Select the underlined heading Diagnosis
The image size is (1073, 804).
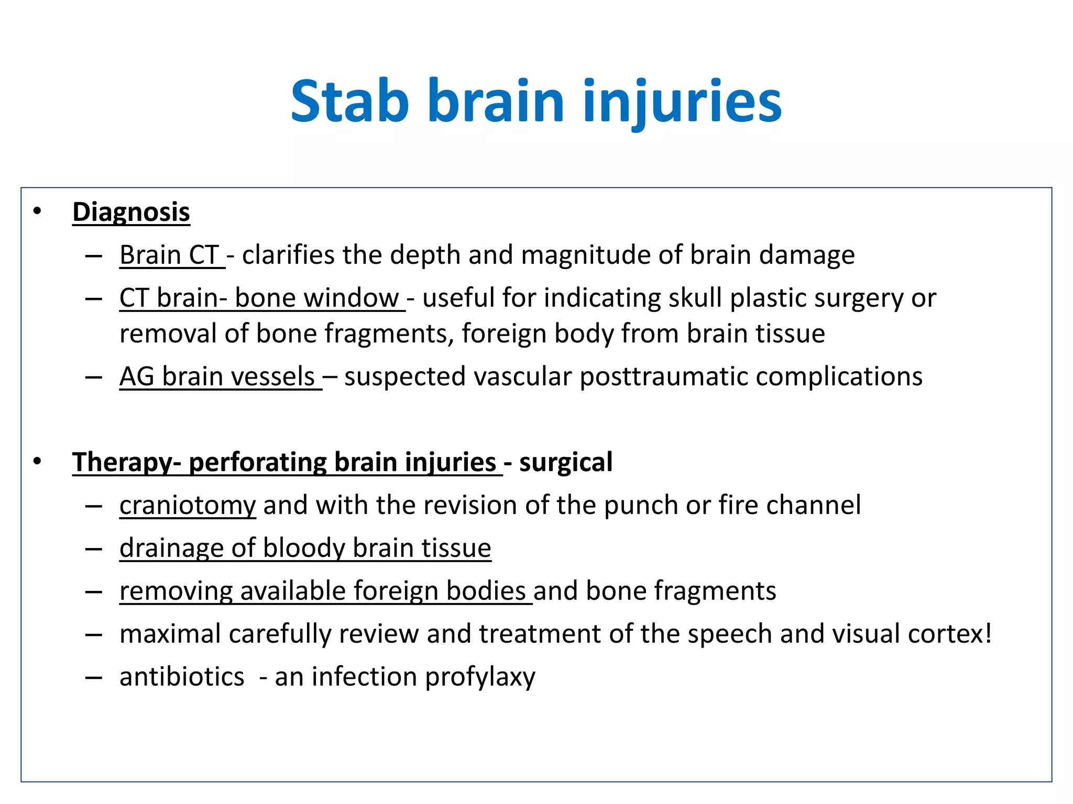(x=131, y=212)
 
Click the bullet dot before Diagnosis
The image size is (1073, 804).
(x=37, y=211)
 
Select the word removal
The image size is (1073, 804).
(x=168, y=333)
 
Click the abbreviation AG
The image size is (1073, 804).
(x=137, y=376)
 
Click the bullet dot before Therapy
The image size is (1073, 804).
(x=37, y=462)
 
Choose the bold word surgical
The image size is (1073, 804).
(x=565, y=462)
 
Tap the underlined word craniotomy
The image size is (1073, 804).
(x=188, y=505)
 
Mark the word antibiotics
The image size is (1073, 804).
(x=182, y=677)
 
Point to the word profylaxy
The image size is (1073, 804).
(x=480, y=677)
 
